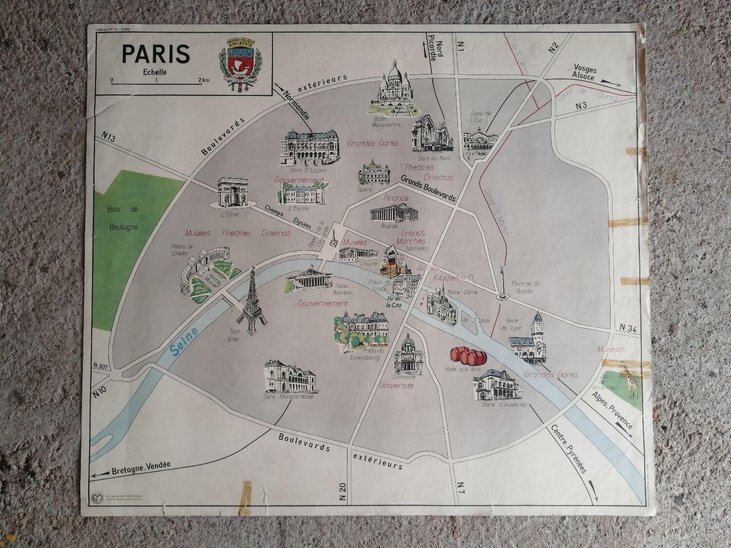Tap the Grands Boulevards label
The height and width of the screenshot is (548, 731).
click(x=428, y=188)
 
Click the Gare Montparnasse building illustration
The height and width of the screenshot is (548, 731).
click(x=289, y=377)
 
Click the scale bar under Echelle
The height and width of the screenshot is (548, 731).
click(x=156, y=84)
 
